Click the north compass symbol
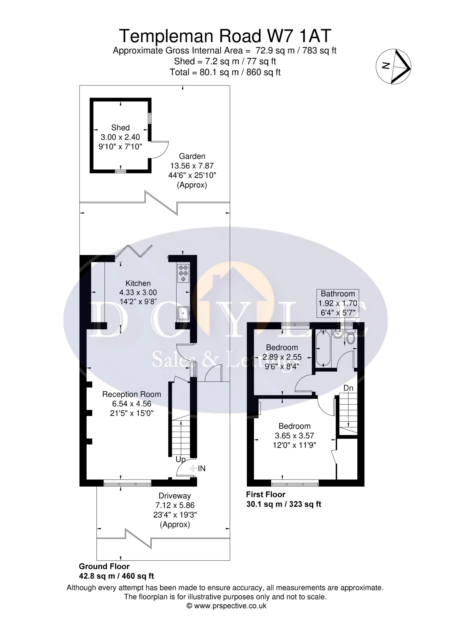tap(394, 66)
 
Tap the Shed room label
tap(120, 128)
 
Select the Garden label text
tap(192, 156)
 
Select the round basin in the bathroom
tap(337, 334)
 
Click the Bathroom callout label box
tap(338, 303)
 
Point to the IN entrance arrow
tap(193, 468)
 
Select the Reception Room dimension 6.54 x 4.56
tap(131, 404)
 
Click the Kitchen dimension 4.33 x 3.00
tap(138, 292)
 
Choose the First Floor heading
tap(266, 494)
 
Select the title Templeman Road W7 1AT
tap(225, 36)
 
